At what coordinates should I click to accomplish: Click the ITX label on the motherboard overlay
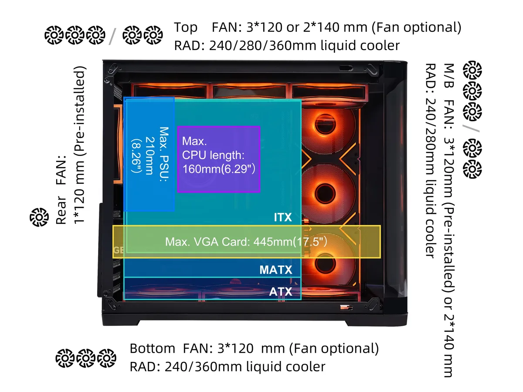tap(282, 217)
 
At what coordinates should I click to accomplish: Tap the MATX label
tap(276, 270)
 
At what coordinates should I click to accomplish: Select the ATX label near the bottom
tap(280, 291)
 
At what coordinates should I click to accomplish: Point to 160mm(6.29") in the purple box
tap(219, 169)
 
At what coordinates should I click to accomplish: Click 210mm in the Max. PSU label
tap(150, 156)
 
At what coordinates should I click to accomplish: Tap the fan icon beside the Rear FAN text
tap(39, 217)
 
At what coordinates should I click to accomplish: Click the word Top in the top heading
tap(186, 27)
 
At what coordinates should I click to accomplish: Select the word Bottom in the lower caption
tap(153, 348)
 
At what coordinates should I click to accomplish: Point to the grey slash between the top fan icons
tap(112, 37)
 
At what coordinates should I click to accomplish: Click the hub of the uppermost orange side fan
tap(325, 124)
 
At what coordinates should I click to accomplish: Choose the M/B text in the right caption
tap(449, 75)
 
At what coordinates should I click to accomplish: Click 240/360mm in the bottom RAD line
tap(203, 367)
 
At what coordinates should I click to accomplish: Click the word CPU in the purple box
tap(194, 155)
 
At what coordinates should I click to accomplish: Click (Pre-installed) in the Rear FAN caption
tap(79, 111)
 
